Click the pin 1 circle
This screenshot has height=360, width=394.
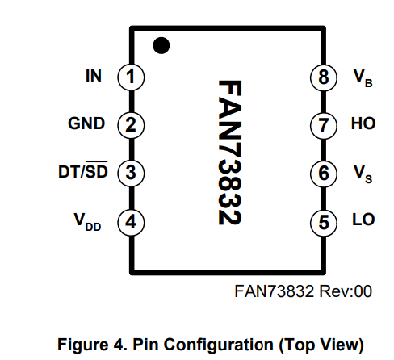click(x=131, y=77)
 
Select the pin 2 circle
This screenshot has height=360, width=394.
click(x=131, y=125)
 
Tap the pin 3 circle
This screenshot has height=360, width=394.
click(x=131, y=173)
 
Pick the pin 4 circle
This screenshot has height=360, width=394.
click(x=131, y=220)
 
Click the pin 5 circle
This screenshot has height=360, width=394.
click(x=323, y=220)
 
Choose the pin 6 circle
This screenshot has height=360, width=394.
click(x=323, y=173)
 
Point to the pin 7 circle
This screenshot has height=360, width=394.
click(x=323, y=125)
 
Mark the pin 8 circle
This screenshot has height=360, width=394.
click(x=323, y=77)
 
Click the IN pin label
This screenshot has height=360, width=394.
click(x=93, y=77)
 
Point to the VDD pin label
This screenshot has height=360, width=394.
click(x=89, y=221)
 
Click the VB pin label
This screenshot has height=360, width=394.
click(x=363, y=78)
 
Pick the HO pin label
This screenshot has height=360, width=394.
click(x=363, y=124)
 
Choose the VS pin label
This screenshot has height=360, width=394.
click(x=363, y=174)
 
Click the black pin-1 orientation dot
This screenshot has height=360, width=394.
click(x=161, y=45)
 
